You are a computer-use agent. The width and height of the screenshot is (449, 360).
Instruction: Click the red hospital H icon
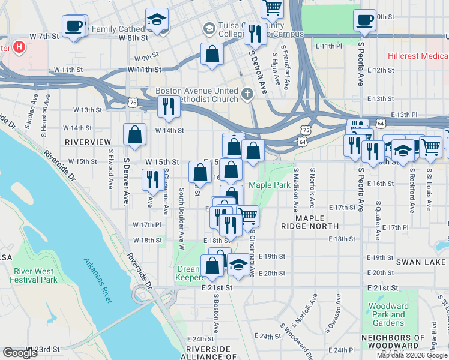coord(19,46)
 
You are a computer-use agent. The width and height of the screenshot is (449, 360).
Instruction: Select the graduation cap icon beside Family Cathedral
coord(157,20)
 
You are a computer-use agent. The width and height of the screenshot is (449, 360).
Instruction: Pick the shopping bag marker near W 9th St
coord(212,54)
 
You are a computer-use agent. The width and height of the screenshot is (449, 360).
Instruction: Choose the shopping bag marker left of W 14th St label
coord(135,134)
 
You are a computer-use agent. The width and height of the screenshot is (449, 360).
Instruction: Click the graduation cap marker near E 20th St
coord(238,265)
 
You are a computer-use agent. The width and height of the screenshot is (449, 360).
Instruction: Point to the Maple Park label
coord(270,185)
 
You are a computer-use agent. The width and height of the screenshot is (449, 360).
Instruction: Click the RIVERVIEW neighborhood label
coord(88,142)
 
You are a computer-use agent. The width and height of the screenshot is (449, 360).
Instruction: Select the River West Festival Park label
coord(34,275)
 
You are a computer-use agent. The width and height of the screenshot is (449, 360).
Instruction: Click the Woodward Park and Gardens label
coord(388,314)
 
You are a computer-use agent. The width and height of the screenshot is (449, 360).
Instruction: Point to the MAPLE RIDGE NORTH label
coord(309,222)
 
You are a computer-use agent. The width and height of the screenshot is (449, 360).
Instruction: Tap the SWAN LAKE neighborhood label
coord(421,262)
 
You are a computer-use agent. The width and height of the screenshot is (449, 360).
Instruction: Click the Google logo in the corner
coord(20,353)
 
